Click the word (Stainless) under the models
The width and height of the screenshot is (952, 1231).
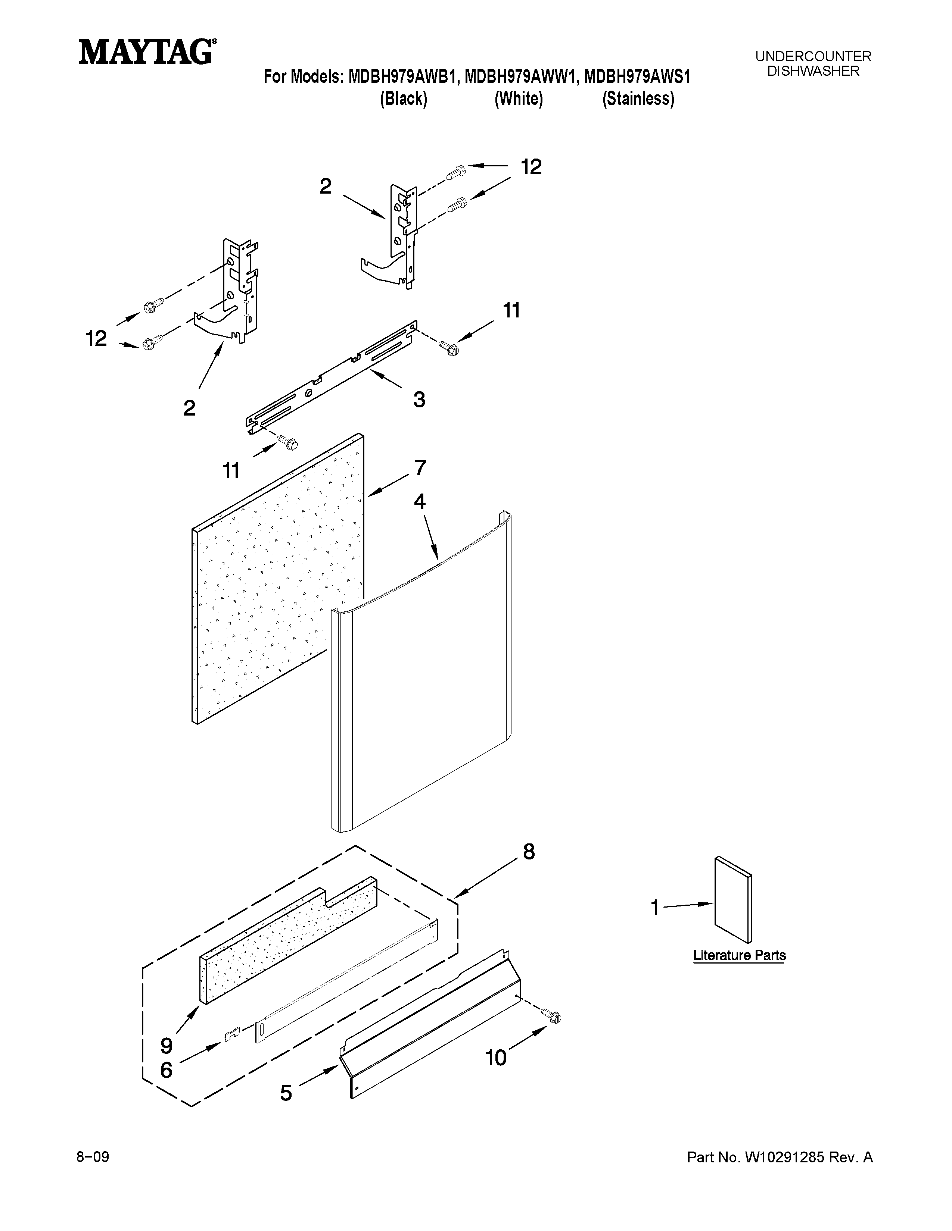coord(638,99)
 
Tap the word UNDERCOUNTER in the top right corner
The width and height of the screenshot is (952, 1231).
coord(813,56)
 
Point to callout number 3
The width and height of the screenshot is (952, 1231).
coord(419,400)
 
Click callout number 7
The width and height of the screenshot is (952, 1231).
coord(420,468)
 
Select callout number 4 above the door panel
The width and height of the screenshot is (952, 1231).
coord(420,501)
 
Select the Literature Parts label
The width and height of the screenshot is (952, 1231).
coord(739,955)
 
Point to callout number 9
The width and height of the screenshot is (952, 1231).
coord(167,1046)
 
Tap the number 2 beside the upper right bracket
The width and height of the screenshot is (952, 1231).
coord(326,187)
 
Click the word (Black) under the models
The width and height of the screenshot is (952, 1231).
coord(403,99)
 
